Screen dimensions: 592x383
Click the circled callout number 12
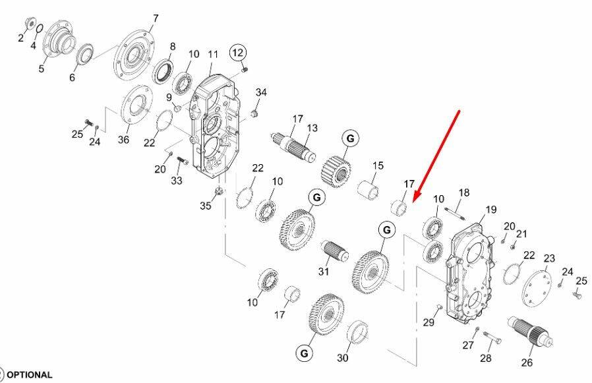[x=238, y=53]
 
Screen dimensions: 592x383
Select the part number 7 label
[x=156, y=18]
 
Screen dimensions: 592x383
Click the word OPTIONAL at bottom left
[x=30, y=375]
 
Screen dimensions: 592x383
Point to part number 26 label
[x=527, y=363]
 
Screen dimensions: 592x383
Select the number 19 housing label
[x=491, y=210]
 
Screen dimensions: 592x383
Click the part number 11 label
[x=214, y=55]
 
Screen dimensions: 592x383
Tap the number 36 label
[x=123, y=139]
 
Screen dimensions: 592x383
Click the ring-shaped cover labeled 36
[x=137, y=105]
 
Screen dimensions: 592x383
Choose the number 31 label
[x=324, y=271]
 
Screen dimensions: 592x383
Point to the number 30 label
[x=342, y=358]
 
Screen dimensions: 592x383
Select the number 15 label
[x=378, y=165]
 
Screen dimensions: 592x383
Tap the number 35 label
[x=206, y=206]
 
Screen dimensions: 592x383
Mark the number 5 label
[x=41, y=69]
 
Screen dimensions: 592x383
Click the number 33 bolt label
[x=176, y=181]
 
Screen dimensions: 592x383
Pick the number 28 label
[x=485, y=358]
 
